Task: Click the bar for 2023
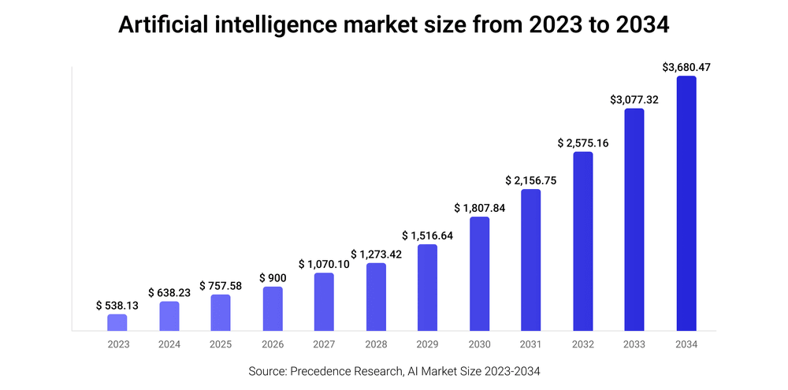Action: click(x=117, y=322)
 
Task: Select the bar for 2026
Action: click(x=273, y=308)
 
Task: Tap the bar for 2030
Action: click(x=479, y=273)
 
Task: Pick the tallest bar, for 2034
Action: click(x=686, y=203)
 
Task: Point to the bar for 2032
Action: click(x=583, y=241)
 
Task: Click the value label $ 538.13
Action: click(x=117, y=305)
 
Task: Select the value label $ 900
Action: click(x=273, y=277)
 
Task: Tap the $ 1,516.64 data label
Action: click(x=428, y=236)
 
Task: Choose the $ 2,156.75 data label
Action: click(x=531, y=180)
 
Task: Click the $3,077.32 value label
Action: click(x=634, y=100)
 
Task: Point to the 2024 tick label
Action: click(x=169, y=344)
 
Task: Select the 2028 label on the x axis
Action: click(x=376, y=344)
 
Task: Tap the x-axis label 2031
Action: click(x=531, y=344)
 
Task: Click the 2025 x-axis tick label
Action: click(x=221, y=344)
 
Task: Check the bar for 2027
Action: click(x=324, y=302)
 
